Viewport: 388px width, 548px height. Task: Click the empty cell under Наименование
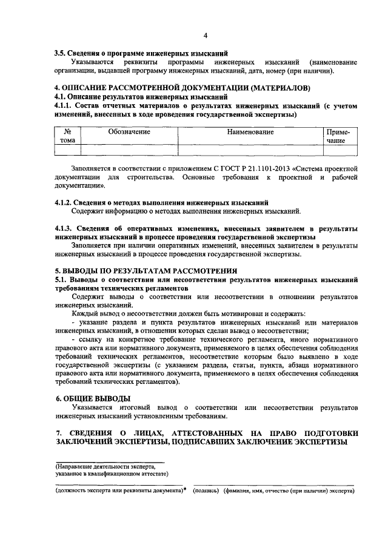[x=250, y=150]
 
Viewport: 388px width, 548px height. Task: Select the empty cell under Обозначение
[x=129, y=150]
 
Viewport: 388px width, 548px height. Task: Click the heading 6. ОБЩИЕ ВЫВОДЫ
[x=93, y=398]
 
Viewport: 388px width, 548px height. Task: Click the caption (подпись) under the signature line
[x=206, y=492]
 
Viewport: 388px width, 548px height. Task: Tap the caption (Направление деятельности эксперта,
[x=109, y=467]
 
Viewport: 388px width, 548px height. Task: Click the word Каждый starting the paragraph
[x=84, y=314]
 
